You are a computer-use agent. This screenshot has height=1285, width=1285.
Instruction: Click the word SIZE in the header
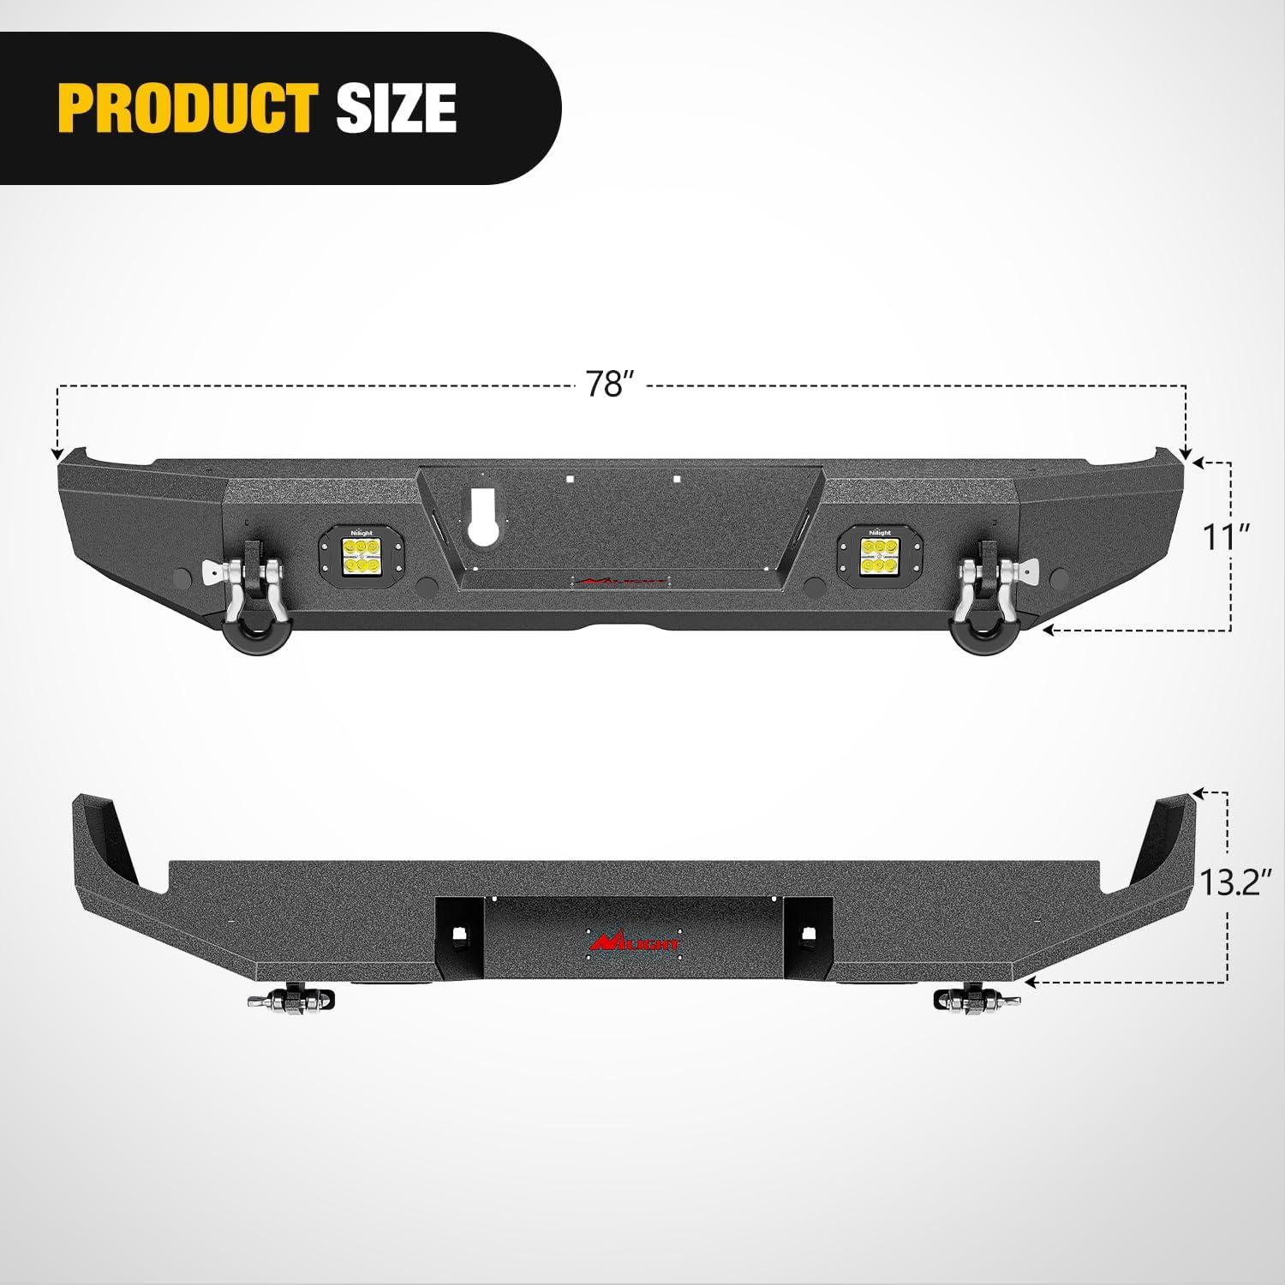396,108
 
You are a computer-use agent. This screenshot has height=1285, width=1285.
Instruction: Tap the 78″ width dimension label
608,385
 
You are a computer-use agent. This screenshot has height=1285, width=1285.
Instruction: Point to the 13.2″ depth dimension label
1230,882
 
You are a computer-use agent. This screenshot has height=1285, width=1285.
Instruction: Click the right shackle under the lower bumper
977,1000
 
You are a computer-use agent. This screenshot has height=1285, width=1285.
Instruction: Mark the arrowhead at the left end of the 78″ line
57,454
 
